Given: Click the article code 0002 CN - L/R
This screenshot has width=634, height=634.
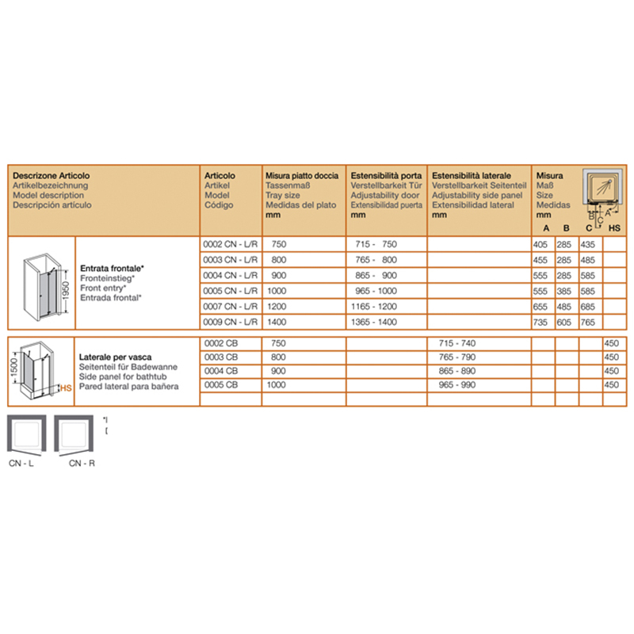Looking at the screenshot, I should [x=230, y=245].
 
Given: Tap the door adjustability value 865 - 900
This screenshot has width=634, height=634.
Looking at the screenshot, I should [x=376, y=276].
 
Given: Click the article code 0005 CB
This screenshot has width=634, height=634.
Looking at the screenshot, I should [x=221, y=384].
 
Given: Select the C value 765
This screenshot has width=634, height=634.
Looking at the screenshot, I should [x=589, y=322].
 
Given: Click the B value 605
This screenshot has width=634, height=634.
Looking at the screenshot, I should [x=566, y=322].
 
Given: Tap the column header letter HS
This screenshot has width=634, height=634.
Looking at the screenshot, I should [x=614, y=228].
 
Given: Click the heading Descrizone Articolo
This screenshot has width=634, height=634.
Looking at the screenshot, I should [x=52, y=175].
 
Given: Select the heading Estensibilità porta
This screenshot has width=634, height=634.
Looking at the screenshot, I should [x=386, y=175].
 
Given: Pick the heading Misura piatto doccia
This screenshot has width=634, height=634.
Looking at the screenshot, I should [x=302, y=175].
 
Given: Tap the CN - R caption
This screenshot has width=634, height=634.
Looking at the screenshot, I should [x=82, y=463].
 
